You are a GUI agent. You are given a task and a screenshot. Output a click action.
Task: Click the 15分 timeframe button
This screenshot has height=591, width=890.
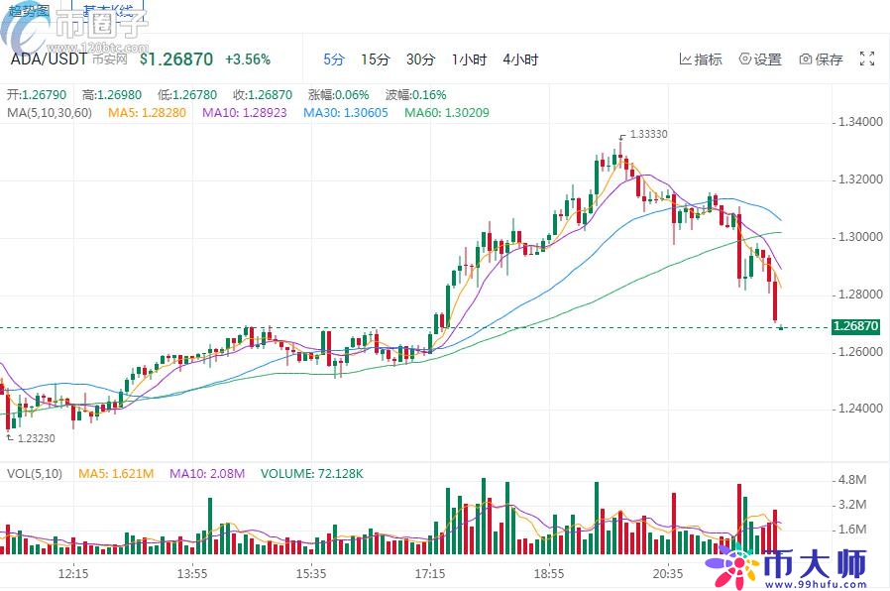coord(376,59)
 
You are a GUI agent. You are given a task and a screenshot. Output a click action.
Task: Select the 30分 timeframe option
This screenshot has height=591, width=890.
coord(420,59)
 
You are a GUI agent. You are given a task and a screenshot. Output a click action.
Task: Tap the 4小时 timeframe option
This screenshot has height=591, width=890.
coord(520,59)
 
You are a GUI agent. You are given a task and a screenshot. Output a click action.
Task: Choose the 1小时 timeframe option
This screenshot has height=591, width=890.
coord(469,59)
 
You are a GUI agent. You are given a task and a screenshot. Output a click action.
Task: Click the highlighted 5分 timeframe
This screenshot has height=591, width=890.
coord(334,59)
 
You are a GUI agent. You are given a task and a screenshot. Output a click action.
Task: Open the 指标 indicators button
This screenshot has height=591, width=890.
coord(701,59)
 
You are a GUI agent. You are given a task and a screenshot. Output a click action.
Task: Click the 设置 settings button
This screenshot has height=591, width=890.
coord(760,59)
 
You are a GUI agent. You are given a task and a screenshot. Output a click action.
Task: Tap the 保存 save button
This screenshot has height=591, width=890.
coord(821,59)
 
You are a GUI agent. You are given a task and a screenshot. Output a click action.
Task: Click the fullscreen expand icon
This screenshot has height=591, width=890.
coord(866,59)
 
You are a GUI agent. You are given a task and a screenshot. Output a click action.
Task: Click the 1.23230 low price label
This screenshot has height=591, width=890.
coord(37,437)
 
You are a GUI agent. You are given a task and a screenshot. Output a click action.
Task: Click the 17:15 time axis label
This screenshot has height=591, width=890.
coord(430,574)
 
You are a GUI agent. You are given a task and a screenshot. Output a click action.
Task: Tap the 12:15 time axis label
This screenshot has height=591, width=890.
coord(74,574)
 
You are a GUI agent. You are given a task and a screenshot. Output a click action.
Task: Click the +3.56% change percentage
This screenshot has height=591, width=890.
coord(248,59)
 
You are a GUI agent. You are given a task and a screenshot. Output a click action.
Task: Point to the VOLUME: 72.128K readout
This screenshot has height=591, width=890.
coord(312,474)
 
